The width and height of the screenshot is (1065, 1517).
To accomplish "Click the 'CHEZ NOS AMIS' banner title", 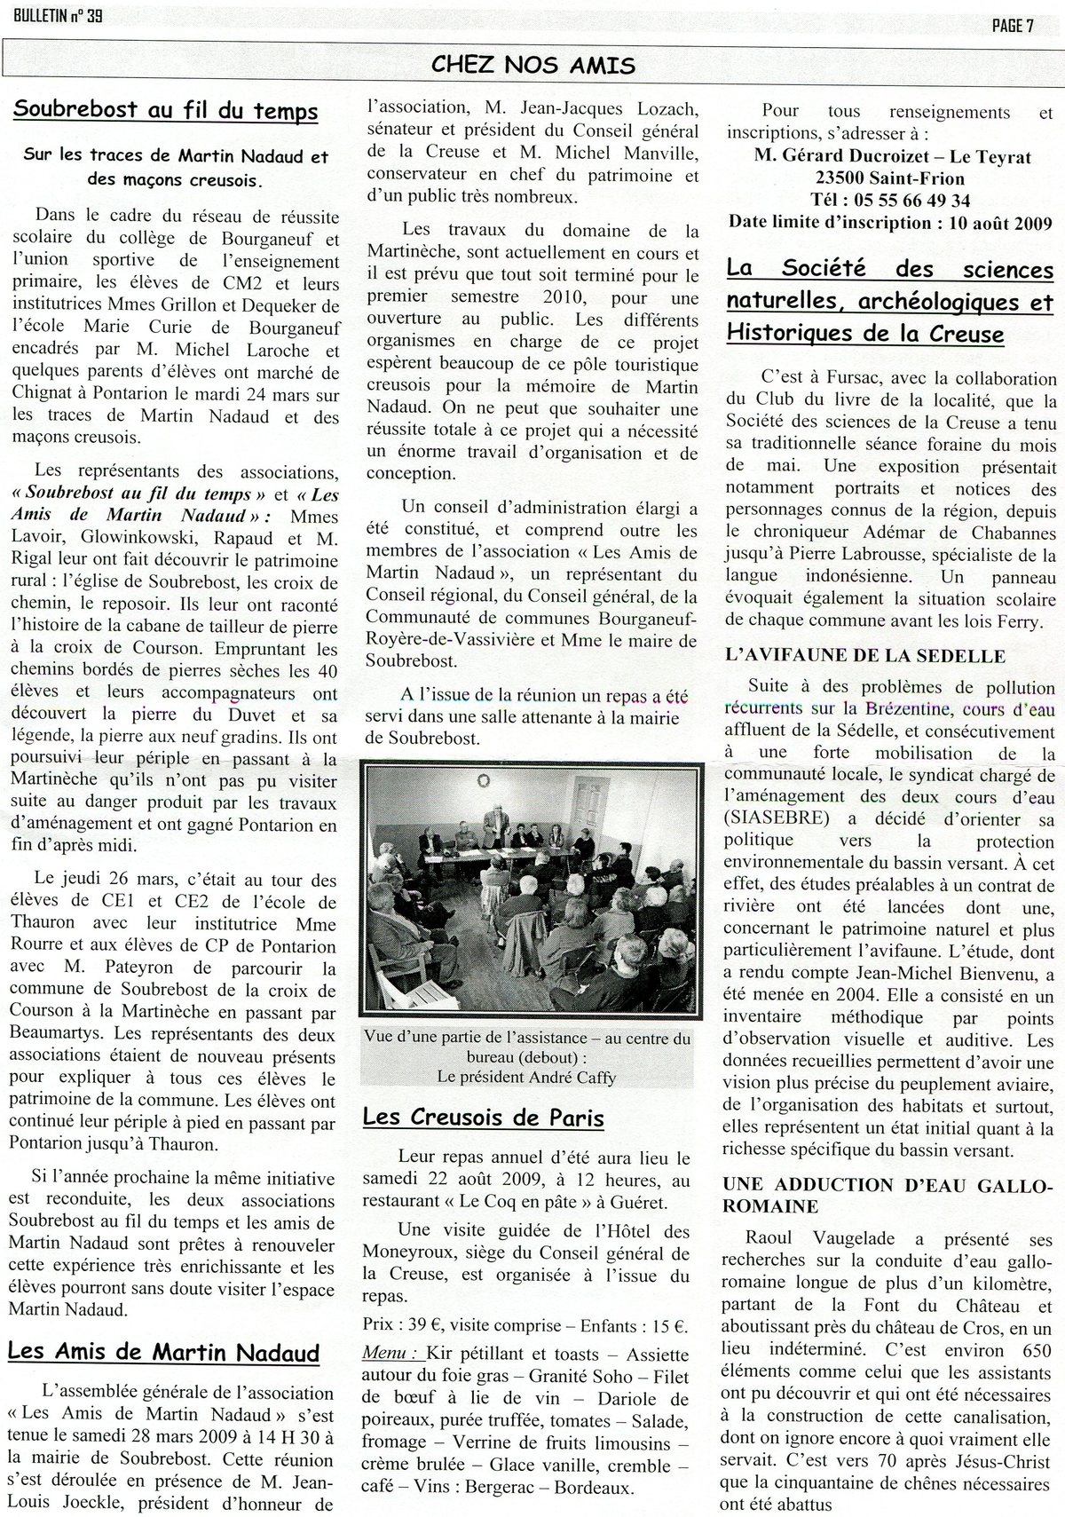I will pos(532,64).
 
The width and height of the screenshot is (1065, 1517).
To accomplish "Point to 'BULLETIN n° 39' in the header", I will pos(51,16).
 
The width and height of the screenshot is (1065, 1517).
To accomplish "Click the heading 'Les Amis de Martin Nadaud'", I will pos(163,1352).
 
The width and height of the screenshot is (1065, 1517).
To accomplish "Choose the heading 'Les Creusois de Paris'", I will pos(484,1118).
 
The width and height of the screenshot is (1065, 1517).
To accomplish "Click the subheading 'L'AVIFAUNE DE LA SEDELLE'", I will pos(853,656).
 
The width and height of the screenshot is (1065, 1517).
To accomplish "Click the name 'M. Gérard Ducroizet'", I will pos(858,156).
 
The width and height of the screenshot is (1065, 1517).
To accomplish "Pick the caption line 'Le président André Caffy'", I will pos(526,1077).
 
